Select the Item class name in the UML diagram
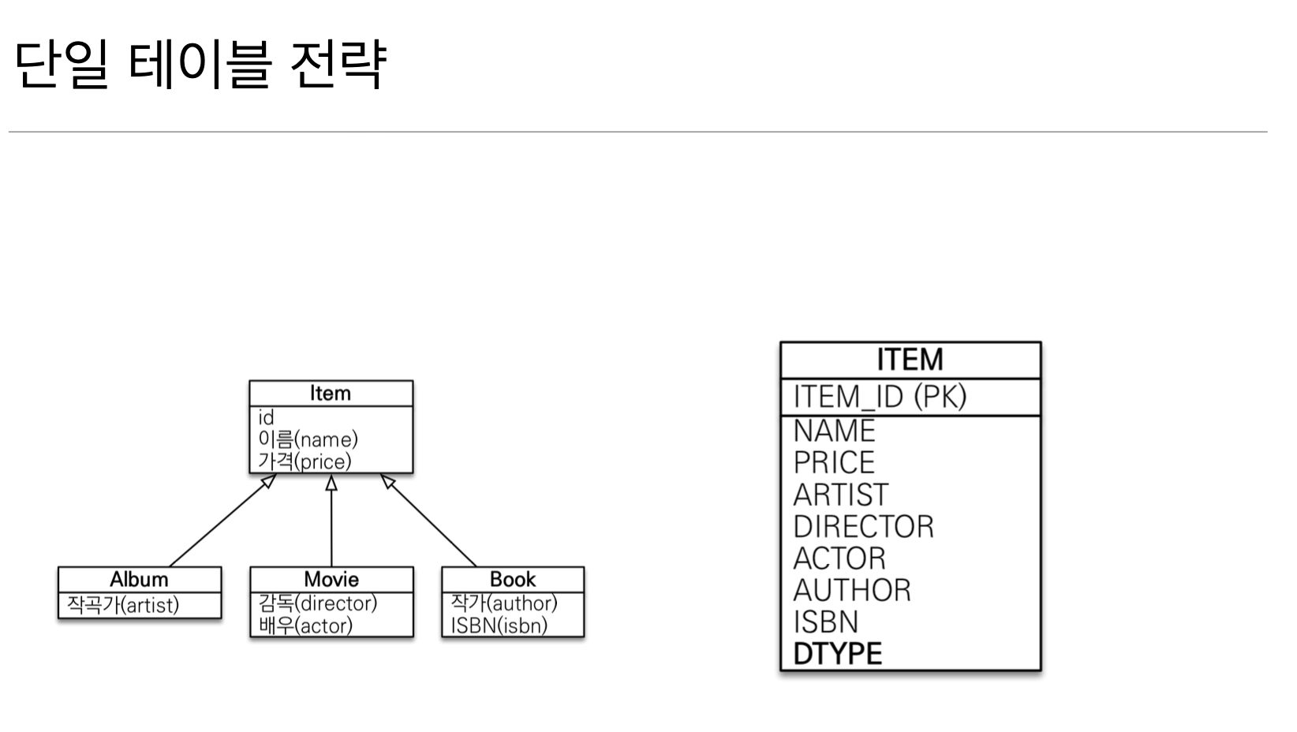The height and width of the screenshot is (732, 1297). [331, 393]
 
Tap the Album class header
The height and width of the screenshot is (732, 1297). [139, 579]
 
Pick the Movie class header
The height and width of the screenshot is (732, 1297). [331, 579]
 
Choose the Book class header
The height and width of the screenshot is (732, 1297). [513, 579]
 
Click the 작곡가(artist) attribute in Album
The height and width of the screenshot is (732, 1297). [123, 605]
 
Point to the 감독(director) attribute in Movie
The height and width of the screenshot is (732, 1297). [318, 603]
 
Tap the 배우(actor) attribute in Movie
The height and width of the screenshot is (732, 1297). [305, 626]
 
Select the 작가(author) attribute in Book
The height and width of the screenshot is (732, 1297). [504, 603]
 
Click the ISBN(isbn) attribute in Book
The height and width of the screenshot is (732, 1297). [499, 626]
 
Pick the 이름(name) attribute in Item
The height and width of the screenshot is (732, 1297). [308, 439]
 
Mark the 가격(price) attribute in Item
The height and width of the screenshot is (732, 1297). [305, 461]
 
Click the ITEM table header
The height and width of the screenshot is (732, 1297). [910, 360]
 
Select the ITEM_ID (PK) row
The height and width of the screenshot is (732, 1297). [880, 397]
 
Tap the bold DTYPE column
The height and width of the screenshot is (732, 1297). [838, 654]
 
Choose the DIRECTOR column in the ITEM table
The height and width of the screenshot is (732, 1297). [863, 527]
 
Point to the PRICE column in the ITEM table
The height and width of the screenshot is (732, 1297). [834, 462]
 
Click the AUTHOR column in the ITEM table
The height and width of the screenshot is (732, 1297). [852, 591]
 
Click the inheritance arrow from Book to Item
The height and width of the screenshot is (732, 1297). [430, 521]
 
